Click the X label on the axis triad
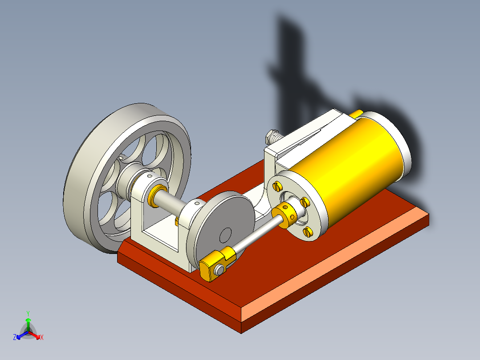pos(42,338)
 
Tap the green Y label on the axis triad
pos(28,313)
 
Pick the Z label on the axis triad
pos(15,338)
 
